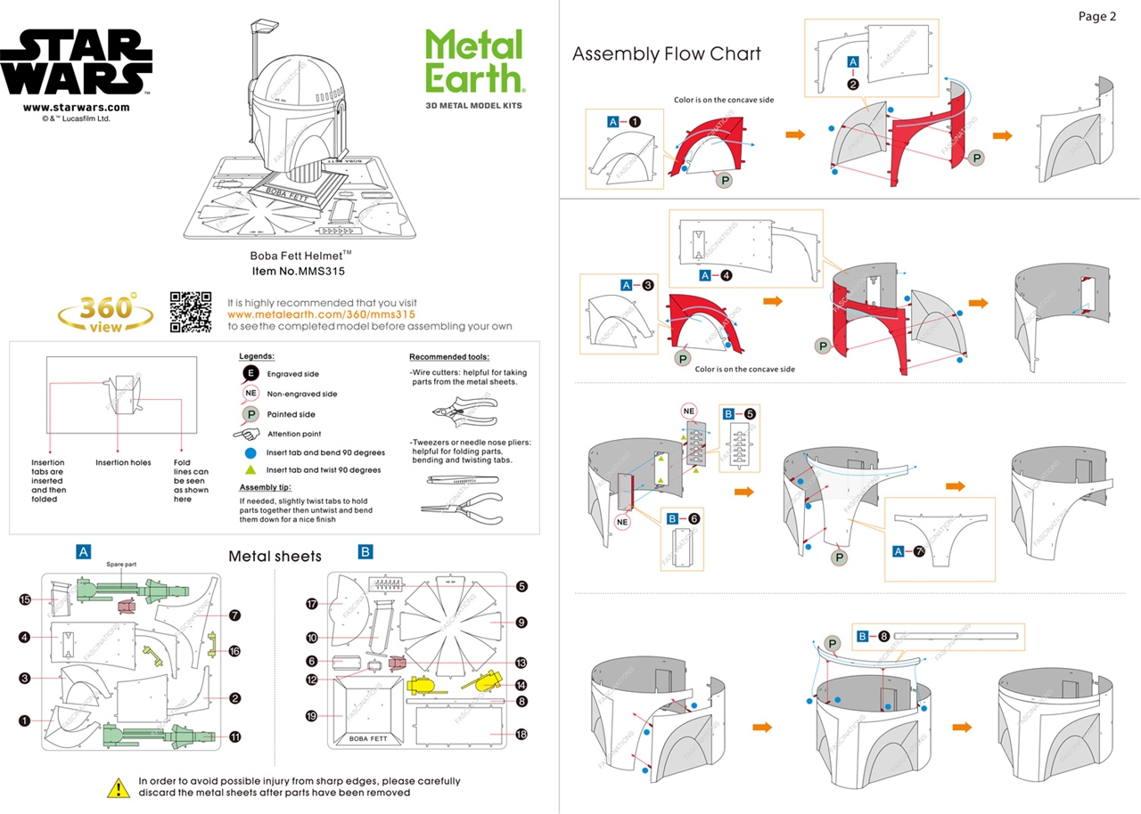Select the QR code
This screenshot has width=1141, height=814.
click(191, 312)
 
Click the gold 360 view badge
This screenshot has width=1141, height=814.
click(105, 313)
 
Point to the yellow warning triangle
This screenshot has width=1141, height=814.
click(119, 787)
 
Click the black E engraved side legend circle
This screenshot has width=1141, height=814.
click(251, 374)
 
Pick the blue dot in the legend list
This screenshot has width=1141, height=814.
click(251, 452)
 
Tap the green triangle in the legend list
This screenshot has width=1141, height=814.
click(251, 470)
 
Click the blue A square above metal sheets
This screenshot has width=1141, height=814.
click(83, 552)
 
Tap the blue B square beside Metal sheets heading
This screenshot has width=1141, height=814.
click(365, 552)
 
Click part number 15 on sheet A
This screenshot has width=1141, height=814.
click(25, 600)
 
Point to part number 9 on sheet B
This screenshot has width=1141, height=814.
click(521, 623)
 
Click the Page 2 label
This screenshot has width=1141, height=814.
click(1096, 16)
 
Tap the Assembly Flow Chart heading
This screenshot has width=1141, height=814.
click(666, 54)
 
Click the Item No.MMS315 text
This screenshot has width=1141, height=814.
click(299, 271)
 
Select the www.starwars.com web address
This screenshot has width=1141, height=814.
click(76, 108)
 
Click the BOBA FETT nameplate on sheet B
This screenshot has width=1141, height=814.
click(370, 738)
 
